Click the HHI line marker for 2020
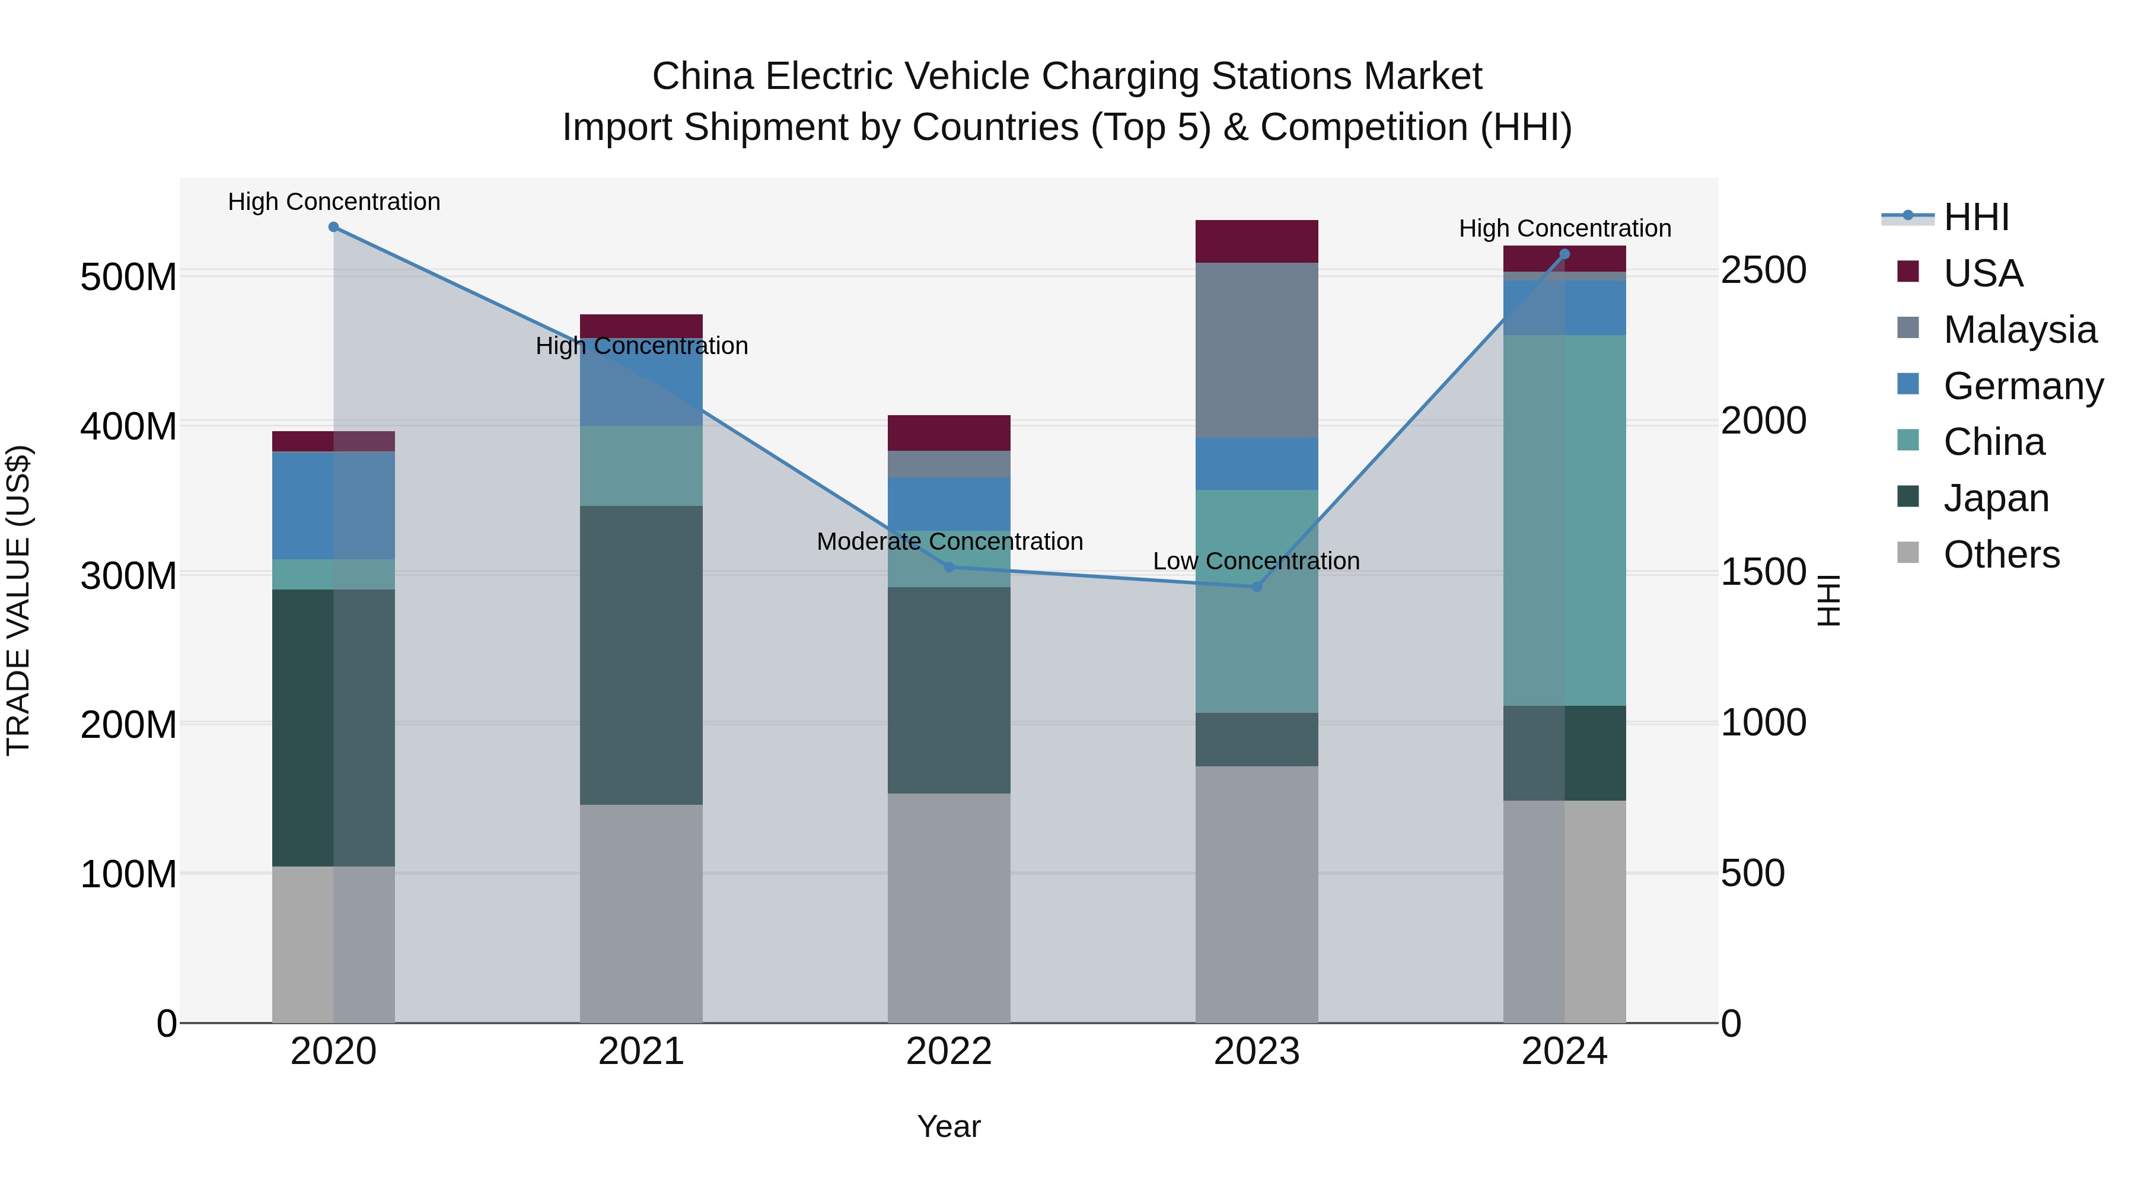[x=333, y=227]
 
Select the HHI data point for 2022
[x=949, y=567]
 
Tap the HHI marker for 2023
[x=1257, y=586]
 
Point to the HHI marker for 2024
[x=1564, y=254]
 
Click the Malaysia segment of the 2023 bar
[x=1257, y=350]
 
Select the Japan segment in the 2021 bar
[x=640, y=655]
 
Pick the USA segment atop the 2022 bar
[x=949, y=433]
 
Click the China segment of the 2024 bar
[x=1564, y=521]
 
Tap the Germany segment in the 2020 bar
[x=333, y=505]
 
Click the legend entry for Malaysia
[x=2019, y=329]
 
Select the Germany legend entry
[x=2022, y=386]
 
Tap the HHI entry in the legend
[x=1976, y=217]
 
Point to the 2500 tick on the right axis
[x=1763, y=270]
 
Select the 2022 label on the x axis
[x=949, y=1052]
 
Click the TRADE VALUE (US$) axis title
[x=18, y=600]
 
